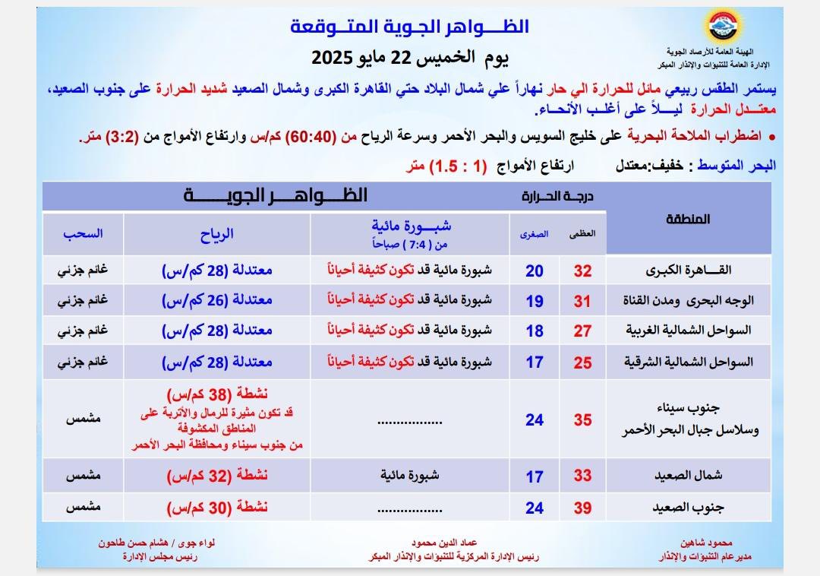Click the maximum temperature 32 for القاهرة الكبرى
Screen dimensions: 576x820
[x=582, y=271]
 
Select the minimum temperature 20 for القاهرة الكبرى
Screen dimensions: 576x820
[x=535, y=271]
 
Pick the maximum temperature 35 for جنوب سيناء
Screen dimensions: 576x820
[x=582, y=419]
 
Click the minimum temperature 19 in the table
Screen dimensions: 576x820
[x=535, y=301]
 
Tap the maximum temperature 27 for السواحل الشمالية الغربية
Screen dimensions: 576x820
[x=582, y=331]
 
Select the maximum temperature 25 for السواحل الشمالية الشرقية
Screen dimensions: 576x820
[x=582, y=362]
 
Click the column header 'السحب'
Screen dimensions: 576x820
[x=83, y=234]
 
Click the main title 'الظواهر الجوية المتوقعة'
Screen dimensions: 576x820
[x=410, y=27]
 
